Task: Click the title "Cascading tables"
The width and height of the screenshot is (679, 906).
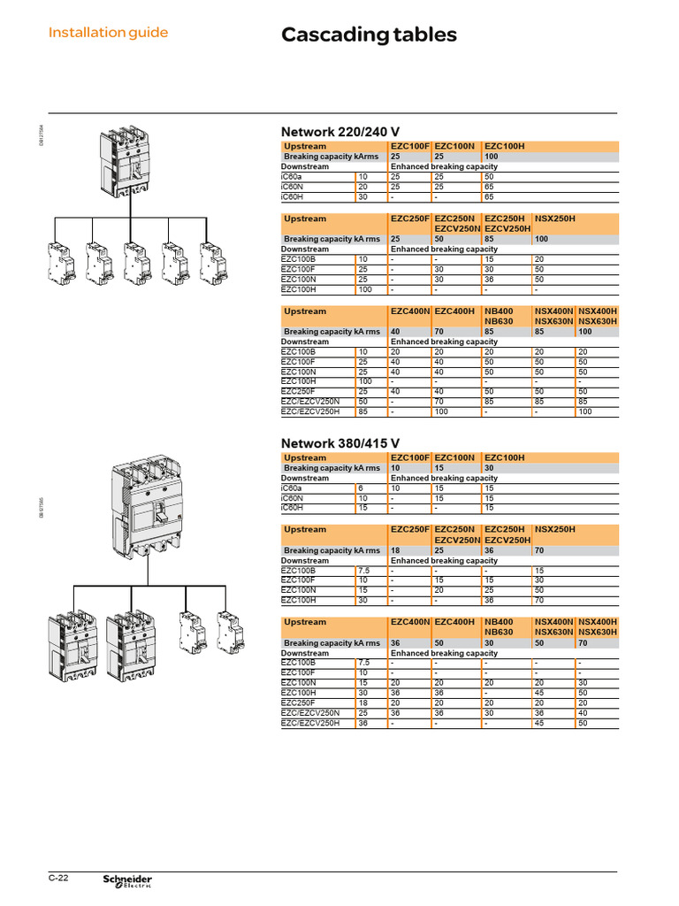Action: (x=369, y=35)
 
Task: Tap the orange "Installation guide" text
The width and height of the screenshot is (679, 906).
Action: (x=108, y=33)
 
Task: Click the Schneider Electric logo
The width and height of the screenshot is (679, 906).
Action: (x=127, y=879)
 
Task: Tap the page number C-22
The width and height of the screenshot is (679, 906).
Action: (x=58, y=878)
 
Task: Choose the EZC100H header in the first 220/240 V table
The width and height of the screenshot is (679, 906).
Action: (x=505, y=145)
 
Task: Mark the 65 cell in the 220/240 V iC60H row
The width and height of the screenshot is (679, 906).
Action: (x=489, y=197)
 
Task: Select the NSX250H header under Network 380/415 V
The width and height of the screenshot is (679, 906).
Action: (x=554, y=529)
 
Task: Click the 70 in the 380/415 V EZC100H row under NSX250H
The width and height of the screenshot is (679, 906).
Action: (x=540, y=599)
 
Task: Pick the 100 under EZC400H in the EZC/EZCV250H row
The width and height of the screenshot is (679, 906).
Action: (x=442, y=411)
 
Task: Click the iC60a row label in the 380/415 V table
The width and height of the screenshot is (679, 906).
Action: (x=292, y=488)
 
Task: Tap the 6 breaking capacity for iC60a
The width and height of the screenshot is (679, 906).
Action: (x=361, y=488)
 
